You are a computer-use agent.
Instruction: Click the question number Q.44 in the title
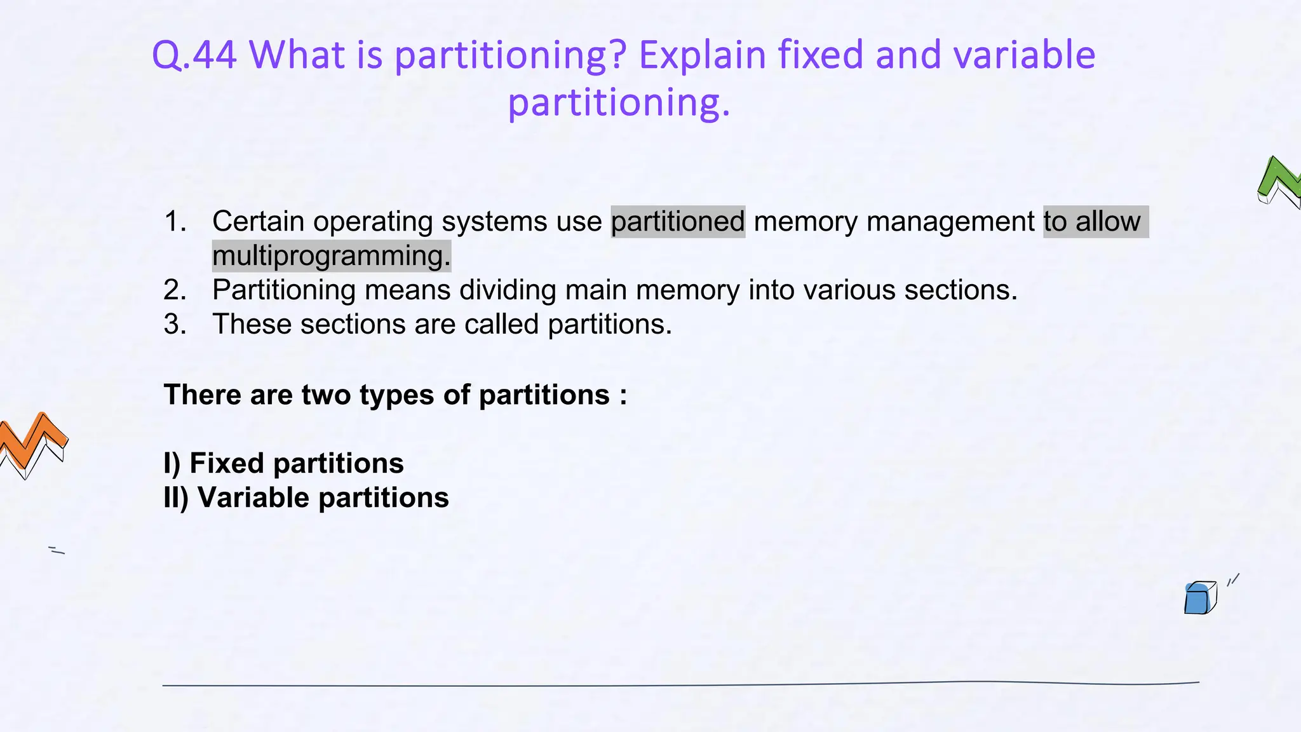(x=194, y=55)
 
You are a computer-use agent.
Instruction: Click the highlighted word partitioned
(x=678, y=222)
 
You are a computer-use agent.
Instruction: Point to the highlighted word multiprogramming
(x=331, y=256)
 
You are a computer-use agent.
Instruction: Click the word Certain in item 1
(x=258, y=222)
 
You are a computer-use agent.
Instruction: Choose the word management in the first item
(x=950, y=222)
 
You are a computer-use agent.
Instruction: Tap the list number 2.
(x=175, y=290)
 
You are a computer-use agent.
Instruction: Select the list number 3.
(x=175, y=325)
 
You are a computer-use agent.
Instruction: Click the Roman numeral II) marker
(x=176, y=498)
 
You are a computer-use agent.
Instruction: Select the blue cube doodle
(x=1199, y=599)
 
